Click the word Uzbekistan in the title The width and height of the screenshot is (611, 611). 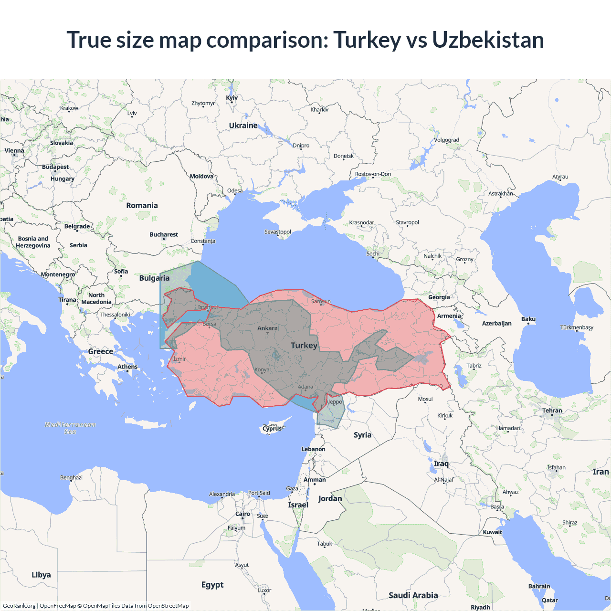pos(488,40)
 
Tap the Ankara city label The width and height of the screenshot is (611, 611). pos(267,328)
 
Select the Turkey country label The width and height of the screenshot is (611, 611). pos(304,345)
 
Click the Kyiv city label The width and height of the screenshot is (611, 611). pos(232,98)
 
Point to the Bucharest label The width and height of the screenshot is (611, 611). pos(164,234)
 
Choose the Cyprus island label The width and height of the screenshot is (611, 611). pos(272,428)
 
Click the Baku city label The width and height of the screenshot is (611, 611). pos(528,319)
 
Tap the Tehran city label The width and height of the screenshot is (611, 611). pos(552,411)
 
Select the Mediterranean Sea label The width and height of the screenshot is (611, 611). pos(70,428)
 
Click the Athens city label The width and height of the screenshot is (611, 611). pos(127,367)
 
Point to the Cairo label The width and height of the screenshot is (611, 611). pos(242,514)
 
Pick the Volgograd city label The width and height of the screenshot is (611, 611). pos(446,140)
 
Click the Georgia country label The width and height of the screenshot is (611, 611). pos(439,297)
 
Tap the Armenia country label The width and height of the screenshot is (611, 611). pos(449,316)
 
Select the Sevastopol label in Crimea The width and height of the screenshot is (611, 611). pos(278,232)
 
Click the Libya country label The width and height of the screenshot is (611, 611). pos(41,575)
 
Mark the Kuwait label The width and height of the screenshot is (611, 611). pos(492,532)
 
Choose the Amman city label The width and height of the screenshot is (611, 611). pos(315,479)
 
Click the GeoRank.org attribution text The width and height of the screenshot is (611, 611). pos(19,606)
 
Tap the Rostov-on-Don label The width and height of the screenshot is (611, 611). pos(373,174)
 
